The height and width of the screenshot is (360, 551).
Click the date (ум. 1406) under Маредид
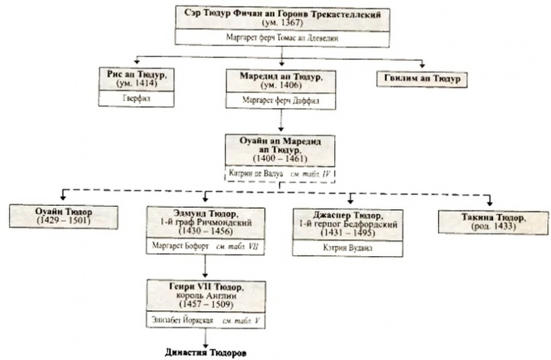280,84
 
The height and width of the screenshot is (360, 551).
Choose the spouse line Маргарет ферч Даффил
280,100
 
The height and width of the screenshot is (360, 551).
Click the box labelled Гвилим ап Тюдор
421,78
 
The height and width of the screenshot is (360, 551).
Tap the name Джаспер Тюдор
345,213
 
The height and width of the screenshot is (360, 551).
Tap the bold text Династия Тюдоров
206,352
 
